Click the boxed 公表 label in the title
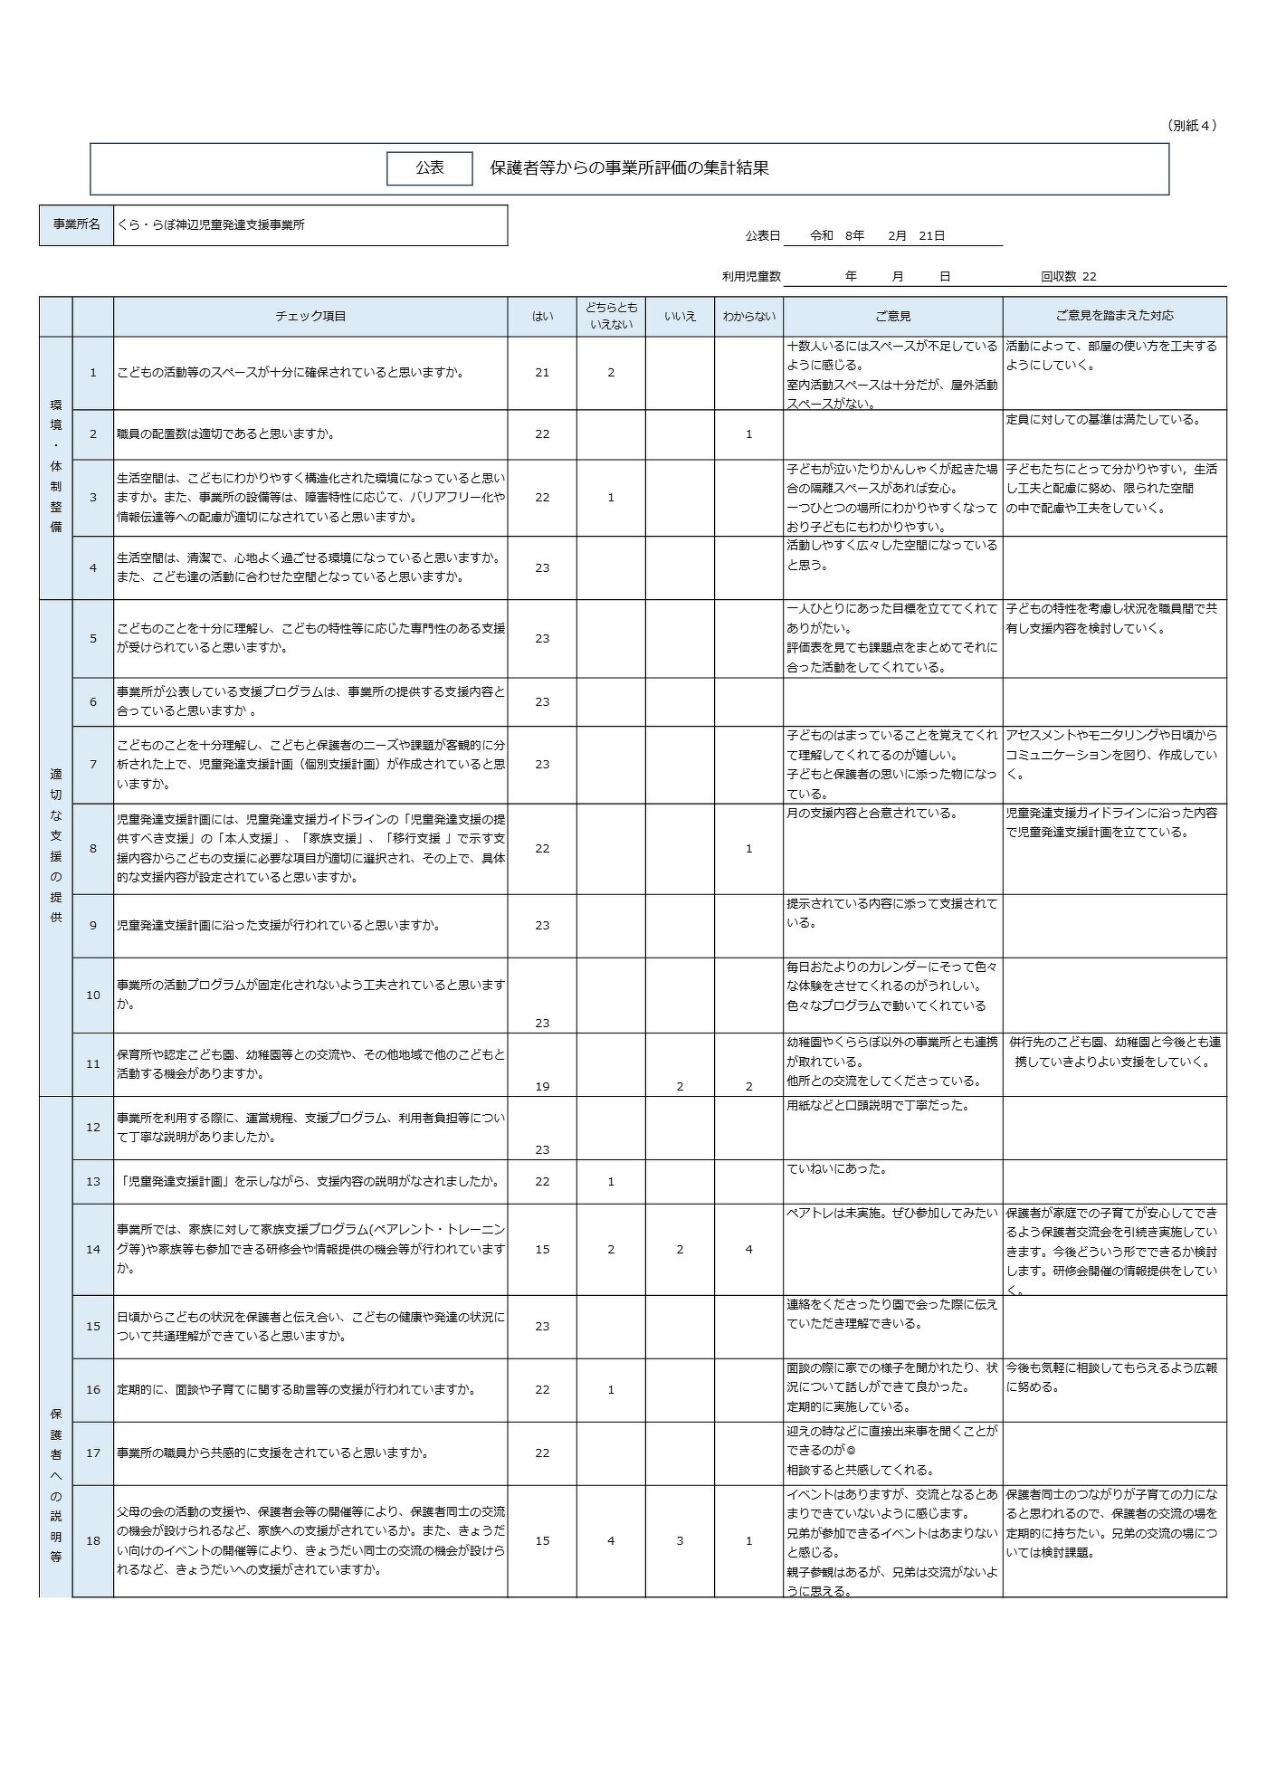[x=430, y=168]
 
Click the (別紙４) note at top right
[x=1191, y=126]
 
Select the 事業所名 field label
[x=76, y=224]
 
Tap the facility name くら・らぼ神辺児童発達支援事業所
[x=211, y=224]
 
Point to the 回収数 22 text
[x=1068, y=277]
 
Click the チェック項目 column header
[x=310, y=316]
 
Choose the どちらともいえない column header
[x=611, y=316]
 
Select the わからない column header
[x=748, y=316]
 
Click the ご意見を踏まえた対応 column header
[x=1114, y=316]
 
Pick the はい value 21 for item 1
[x=542, y=372]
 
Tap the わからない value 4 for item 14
[x=748, y=1249]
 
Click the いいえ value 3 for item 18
[x=680, y=1540]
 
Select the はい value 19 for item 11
[x=542, y=1086]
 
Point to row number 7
[x=92, y=764]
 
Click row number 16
[x=92, y=1389]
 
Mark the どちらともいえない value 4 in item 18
[x=611, y=1540]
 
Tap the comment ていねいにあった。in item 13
[x=837, y=1169]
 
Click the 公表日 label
[x=762, y=235]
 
